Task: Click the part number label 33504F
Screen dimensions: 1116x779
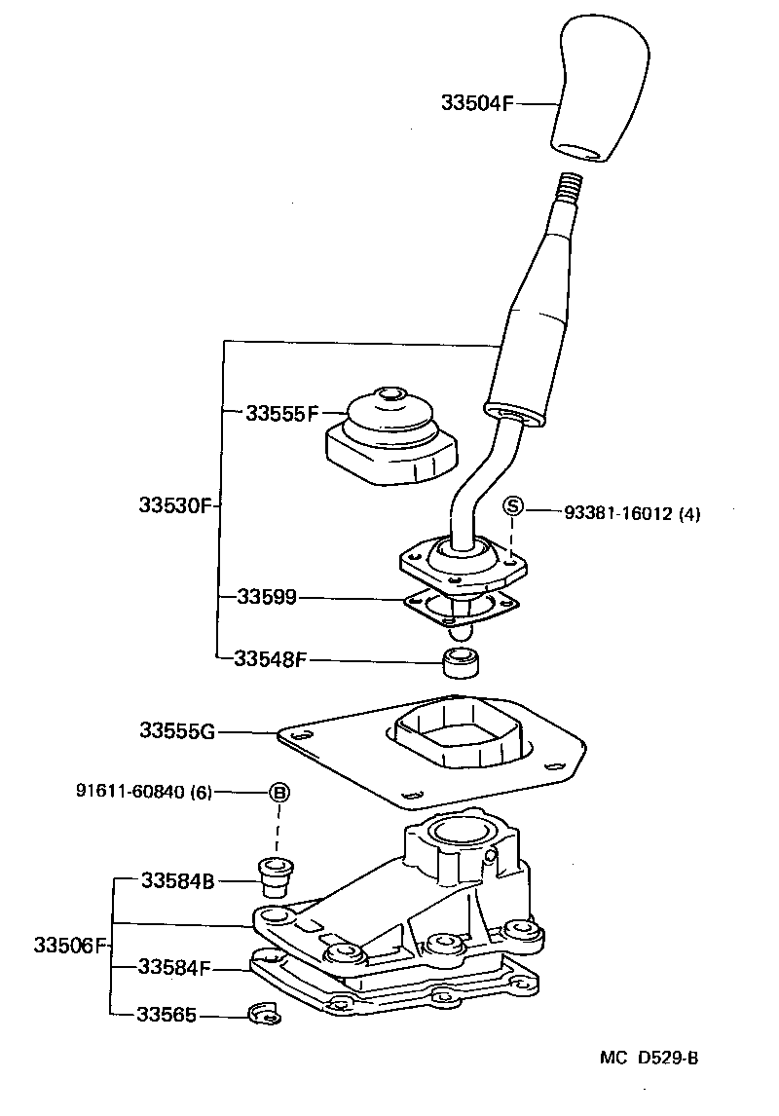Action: coord(476,102)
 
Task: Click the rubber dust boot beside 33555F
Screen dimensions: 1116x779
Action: coord(389,437)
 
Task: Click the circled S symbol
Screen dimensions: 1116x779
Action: coord(513,507)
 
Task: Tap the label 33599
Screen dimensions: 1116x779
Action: coord(266,597)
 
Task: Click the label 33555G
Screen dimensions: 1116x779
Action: coord(176,729)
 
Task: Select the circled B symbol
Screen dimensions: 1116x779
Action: coord(278,792)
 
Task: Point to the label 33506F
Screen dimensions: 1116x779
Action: coord(68,945)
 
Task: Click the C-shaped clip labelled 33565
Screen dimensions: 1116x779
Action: coord(264,1015)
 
